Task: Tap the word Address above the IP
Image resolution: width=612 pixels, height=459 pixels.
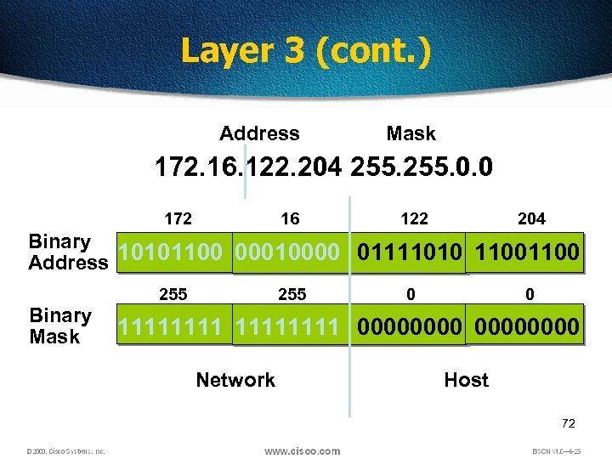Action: click(259, 133)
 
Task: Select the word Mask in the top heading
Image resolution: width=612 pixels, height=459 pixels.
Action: click(411, 133)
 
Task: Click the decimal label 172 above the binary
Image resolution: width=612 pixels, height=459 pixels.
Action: click(178, 219)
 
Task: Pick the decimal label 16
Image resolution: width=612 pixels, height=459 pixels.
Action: click(290, 219)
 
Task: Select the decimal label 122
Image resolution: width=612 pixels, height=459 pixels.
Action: click(414, 219)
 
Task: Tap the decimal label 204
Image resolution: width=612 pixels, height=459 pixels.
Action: click(531, 219)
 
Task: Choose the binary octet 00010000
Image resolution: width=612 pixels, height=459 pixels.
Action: click(290, 252)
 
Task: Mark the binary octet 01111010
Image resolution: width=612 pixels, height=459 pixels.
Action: click(411, 252)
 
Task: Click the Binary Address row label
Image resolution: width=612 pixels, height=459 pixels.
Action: click(67, 252)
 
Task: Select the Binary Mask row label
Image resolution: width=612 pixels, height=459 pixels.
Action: click(60, 326)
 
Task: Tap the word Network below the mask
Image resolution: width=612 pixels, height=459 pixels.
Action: click(235, 380)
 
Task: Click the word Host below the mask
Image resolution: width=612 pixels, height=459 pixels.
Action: click(466, 380)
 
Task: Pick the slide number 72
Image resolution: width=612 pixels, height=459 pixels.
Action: click(569, 422)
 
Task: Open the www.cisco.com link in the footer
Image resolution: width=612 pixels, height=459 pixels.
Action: click(302, 450)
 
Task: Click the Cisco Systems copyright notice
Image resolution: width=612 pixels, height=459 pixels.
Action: click(65, 451)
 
